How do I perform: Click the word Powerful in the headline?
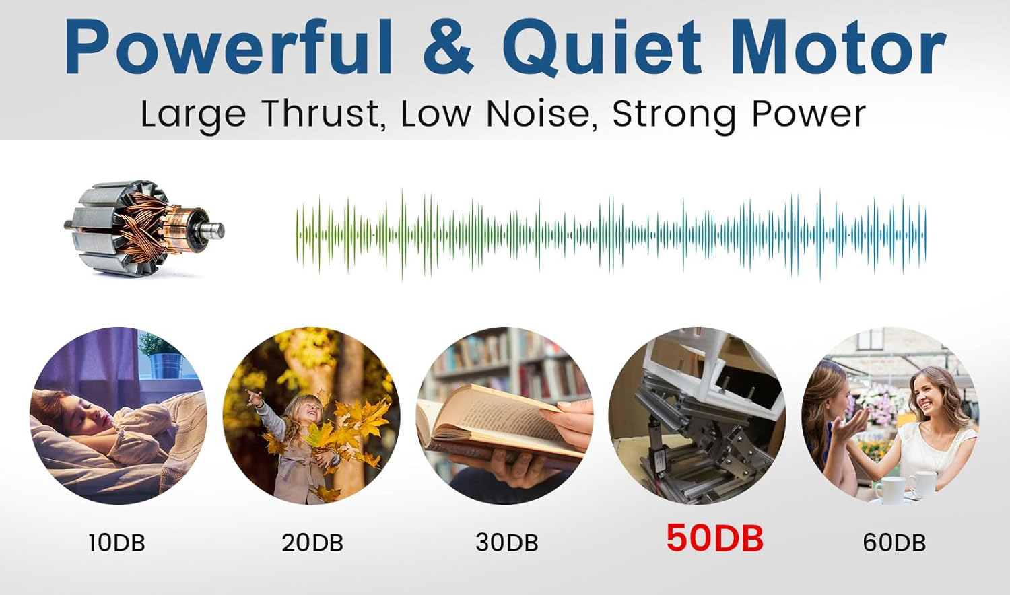(x=229, y=47)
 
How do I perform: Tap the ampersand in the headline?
(x=448, y=47)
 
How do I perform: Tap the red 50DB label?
(x=714, y=538)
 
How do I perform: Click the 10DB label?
(x=116, y=542)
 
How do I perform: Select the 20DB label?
(x=312, y=542)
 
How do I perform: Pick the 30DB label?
(x=507, y=542)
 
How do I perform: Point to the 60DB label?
(x=894, y=542)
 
